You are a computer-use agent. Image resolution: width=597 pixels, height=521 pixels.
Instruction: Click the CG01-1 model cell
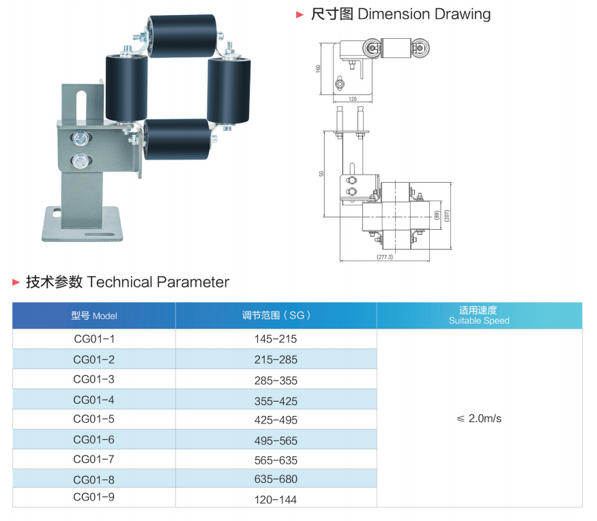click(94, 339)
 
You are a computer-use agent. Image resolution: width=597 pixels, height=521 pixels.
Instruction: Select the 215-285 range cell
click(276, 359)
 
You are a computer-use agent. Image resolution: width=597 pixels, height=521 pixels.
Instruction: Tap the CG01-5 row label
click(93, 419)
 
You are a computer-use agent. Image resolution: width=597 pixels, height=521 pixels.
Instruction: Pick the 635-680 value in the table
click(276, 479)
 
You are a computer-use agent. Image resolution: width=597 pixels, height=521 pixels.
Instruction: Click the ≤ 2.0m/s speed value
click(479, 419)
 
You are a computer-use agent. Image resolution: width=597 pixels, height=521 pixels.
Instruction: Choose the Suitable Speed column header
click(479, 316)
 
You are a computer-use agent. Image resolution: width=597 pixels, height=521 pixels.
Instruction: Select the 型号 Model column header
click(94, 316)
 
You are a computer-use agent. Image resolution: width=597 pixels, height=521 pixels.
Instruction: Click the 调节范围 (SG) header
click(276, 316)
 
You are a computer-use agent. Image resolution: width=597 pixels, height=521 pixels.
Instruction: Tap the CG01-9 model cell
click(93, 497)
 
